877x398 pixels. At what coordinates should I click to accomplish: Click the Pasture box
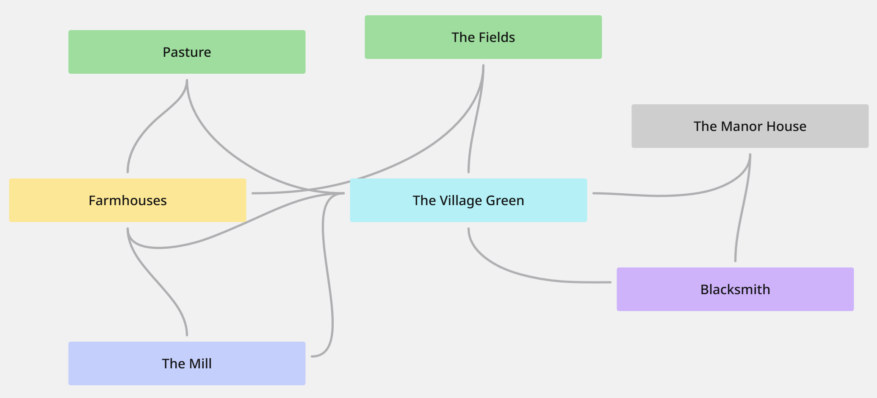(x=187, y=52)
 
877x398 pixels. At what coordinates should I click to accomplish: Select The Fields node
(x=483, y=37)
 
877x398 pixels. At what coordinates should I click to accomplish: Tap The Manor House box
(x=750, y=126)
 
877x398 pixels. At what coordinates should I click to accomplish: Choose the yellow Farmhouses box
(x=127, y=200)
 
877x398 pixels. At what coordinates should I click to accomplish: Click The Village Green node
(x=468, y=200)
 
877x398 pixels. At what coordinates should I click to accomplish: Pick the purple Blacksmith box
(x=735, y=289)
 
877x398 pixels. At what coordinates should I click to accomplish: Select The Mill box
(x=187, y=363)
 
